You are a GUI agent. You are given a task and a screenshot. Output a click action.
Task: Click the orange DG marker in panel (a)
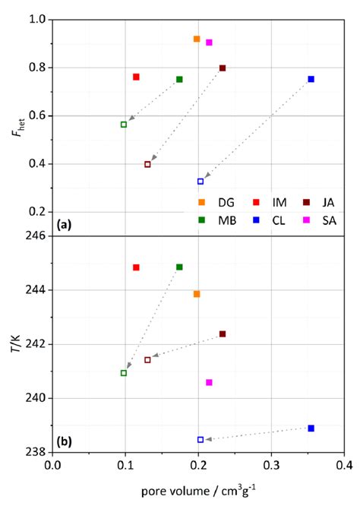tap(197, 39)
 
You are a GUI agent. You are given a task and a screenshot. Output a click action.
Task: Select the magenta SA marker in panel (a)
tap(209, 43)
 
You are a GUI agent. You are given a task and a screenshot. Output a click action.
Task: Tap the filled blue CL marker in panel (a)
tap(311, 79)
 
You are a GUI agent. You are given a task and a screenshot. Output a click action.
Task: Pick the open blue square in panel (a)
tap(201, 182)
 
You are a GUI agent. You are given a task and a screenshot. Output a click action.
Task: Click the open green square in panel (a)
tap(124, 125)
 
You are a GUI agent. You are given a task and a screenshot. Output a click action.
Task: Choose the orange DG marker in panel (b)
tap(197, 294)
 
